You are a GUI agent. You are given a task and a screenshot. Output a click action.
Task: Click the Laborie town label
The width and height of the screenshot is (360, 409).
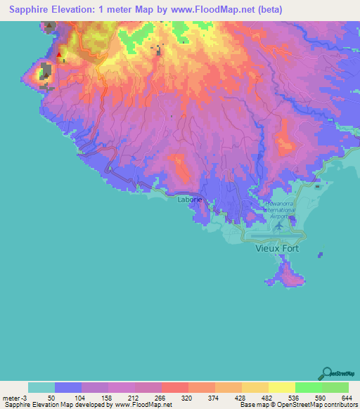(x=190, y=200)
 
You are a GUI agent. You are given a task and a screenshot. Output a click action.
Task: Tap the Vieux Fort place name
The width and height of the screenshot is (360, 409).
(x=278, y=249)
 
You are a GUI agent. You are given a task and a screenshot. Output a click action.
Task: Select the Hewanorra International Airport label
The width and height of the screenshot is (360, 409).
(x=278, y=211)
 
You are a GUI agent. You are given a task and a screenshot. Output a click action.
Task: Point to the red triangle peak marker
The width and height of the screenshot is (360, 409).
(x=59, y=53)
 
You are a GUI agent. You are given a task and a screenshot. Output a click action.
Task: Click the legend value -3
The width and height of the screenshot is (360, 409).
(x=24, y=397)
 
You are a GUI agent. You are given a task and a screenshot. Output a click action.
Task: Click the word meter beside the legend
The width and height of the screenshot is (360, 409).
(x=10, y=397)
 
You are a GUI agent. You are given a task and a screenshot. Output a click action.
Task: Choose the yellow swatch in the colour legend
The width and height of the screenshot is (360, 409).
(x=282, y=387)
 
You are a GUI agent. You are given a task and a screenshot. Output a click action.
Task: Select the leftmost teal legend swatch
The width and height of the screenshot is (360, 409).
(x=41, y=387)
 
